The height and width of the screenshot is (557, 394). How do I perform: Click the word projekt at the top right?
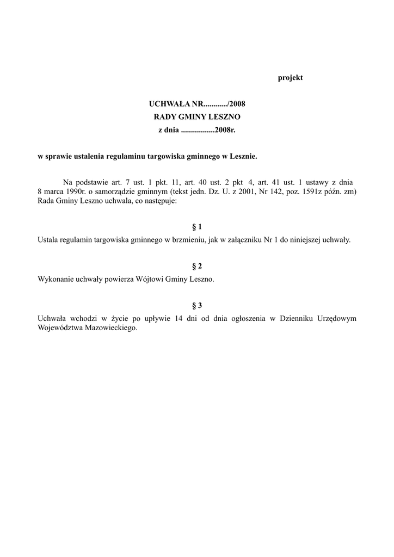pyautogui.click(x=290, y=78)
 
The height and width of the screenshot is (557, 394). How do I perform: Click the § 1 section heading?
pyautogui.click(x=197, y=226)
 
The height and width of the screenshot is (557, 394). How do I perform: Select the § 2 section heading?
pyautogui.click(x=197, y=266)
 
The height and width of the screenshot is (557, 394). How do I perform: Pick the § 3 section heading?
pyautogui.click(x=197, y=306)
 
